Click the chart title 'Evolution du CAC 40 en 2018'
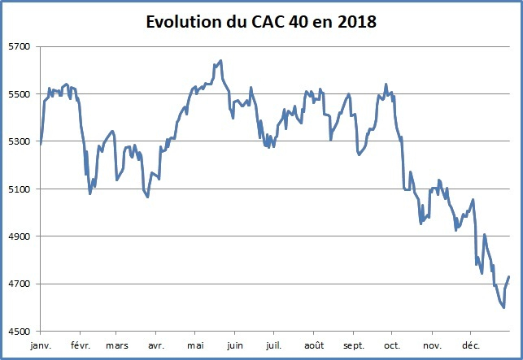tap(261, 22)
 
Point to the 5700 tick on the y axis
tap(17, 47)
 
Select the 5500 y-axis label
tap(17, 94)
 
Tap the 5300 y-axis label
tap(17, 142)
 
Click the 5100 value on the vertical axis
tap(17, 189)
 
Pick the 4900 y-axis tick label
tap(17, 236)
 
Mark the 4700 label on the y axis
tap(17, 284)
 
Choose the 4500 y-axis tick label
tap(17, 332)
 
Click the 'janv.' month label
tap(40, 345)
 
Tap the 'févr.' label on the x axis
tap(79, 345)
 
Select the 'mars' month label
tap(116, 345)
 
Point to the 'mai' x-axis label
tap(195, 345)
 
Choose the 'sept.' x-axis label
tap(353, 345)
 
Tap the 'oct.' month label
tap(392, 345)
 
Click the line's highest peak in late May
tap(221, 61)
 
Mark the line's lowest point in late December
tap(504, 307)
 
